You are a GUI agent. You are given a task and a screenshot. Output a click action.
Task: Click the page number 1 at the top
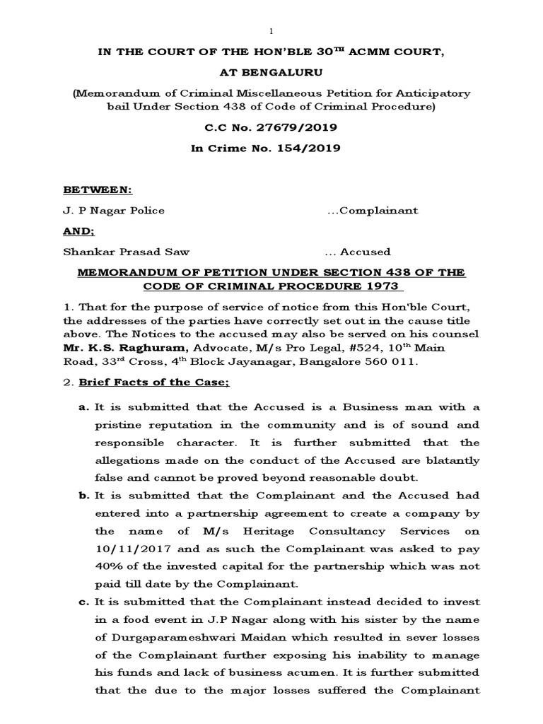pyautogui.click(x=271, y=33)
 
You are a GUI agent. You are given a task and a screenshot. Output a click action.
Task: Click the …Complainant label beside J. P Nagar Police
pyautogui.click(x=373, y=211)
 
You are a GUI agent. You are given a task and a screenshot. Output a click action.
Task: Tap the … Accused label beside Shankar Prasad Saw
pyautogui.click(x=358, y=252)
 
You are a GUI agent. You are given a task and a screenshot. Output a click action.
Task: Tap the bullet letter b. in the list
pyautogui.click(x=81, y=496)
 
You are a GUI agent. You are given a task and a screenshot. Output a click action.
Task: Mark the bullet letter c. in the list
pyautogui.click(x=81, y=602)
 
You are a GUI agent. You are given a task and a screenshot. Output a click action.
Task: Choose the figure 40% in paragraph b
pyautogui.click(x=106, y=566)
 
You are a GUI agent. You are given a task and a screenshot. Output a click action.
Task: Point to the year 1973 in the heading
pyautogui.click(x=384, y=286)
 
